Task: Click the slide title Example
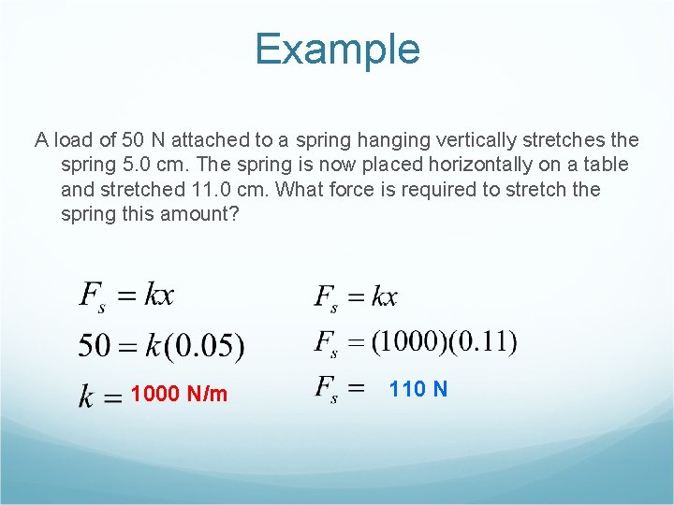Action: pos(337,50)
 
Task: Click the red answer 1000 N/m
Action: pos(179,394)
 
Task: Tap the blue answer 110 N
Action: pos(418,389)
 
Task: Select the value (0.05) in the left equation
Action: pos(205,347)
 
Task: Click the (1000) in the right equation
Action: pos(410,342)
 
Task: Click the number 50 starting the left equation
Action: pos(95,347)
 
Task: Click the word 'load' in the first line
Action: pos(73,141)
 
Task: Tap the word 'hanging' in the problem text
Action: pos(386,141)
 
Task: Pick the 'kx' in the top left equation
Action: pos(159,296)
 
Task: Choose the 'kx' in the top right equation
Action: pos(385,297)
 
